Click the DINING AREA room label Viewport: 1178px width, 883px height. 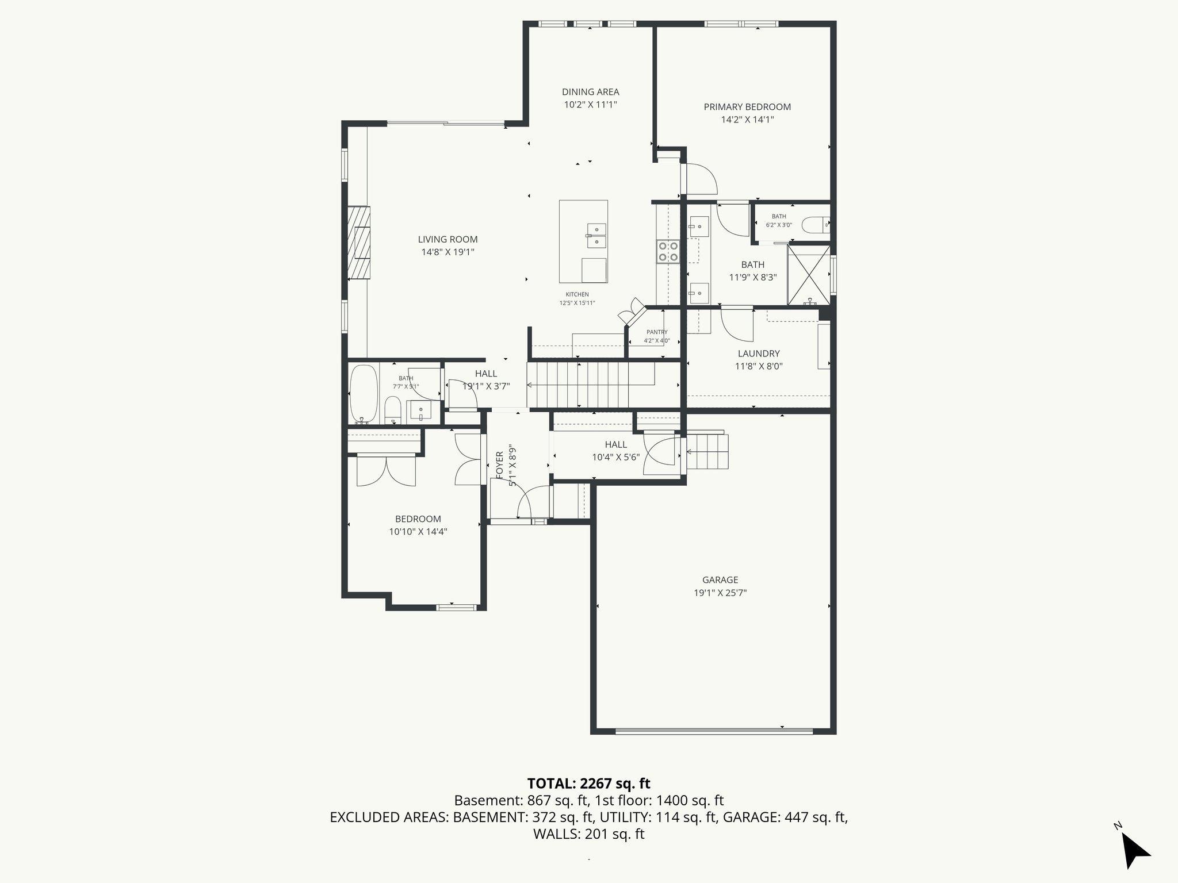coord(590,92)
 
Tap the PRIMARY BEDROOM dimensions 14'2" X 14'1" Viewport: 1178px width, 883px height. coord(747,120)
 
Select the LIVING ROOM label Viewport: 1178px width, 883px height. coord(448,240)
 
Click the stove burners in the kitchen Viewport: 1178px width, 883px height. coord(668,252)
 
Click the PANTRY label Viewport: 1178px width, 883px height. coord(656,332)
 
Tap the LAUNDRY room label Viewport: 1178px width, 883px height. coord(759,354)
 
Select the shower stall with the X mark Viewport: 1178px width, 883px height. coord(809,275)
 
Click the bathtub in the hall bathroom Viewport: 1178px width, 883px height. coord(364,394)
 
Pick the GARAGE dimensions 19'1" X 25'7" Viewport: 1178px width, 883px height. coord(720,593)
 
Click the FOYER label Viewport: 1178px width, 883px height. coord(499,464)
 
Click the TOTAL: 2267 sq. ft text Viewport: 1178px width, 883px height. coord(588,783)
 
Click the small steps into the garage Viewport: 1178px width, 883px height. coord(708,452)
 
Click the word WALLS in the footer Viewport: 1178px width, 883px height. coord(556,834)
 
